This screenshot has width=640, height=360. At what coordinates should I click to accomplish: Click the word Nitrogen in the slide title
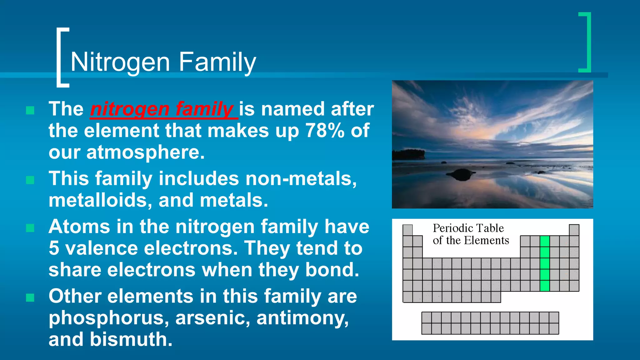pos(120,62)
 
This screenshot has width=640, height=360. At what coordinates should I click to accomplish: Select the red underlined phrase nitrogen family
pos(162,109)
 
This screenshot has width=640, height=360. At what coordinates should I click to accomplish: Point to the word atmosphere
pos(145,152)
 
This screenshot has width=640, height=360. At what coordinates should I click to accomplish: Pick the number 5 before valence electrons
pos(54,248)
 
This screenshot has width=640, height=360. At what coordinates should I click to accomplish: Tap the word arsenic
pos(212,318)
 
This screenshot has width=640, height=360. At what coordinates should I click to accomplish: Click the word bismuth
pos(131,339)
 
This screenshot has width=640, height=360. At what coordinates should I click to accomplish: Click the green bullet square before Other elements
pos(30,297)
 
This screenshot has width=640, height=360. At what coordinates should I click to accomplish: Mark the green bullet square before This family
pos(30,180)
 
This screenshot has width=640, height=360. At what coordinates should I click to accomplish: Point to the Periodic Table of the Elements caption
pos(470,234)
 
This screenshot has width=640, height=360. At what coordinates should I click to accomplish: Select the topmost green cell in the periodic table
pos(545,241)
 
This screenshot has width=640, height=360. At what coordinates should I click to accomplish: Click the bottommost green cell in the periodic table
pos(545,286)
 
